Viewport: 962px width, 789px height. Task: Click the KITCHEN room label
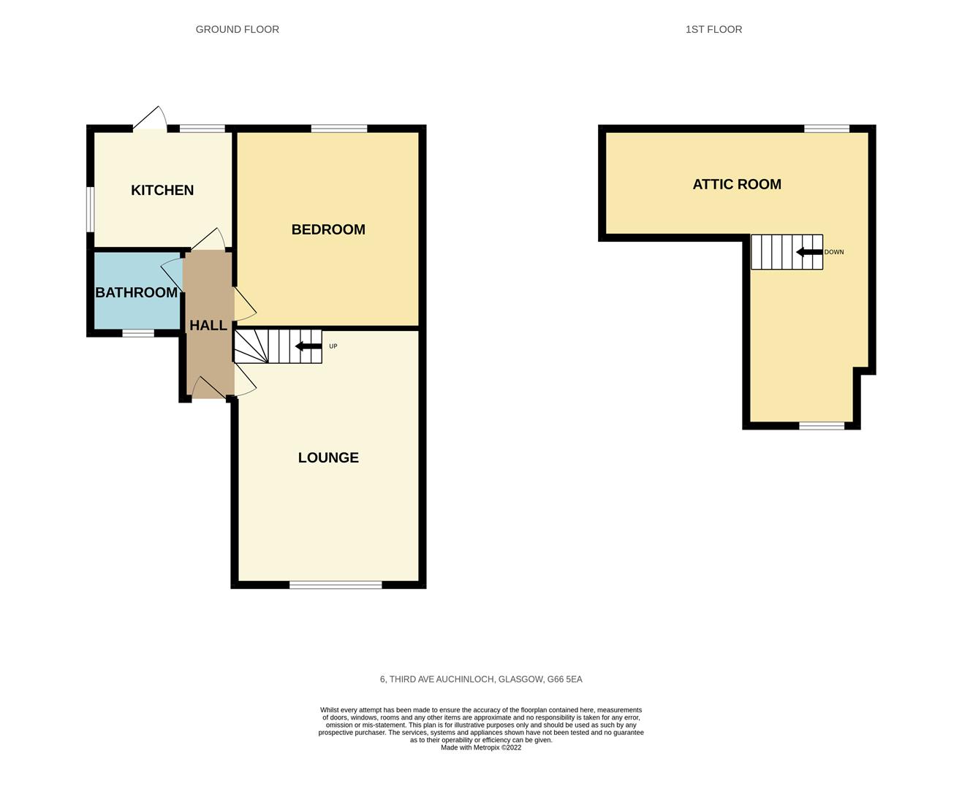click(162, 190)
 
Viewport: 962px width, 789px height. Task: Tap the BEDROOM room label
click(328, 229)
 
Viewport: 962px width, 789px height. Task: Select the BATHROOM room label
click(137, 292)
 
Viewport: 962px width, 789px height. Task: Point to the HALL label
click(208, 325)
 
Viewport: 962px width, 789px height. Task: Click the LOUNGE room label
click(328, 457)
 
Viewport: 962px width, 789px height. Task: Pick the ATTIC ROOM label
click(737, 184)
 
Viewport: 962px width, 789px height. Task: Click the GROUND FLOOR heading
click(238, 29)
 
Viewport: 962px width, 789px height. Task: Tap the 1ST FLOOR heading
click(713, 29)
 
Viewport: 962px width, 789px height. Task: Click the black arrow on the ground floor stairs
click(308, 346)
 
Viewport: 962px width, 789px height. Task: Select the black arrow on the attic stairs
click(809, 252)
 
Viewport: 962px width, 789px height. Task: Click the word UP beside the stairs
click(333, 346)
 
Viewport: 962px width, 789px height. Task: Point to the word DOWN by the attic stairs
click(834, 252)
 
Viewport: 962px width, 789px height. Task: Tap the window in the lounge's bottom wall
click(336, 584)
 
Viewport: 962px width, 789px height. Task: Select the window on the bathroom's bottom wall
click(138, 333)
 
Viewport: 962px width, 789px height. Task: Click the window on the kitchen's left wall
click(90, 210)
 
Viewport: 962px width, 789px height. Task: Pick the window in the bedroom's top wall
click(339, 129)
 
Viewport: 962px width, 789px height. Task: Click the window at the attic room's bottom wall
click(822, 425)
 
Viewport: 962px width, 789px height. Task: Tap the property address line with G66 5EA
click(481, 679)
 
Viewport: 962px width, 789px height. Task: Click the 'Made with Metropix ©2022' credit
click(481, 747)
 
